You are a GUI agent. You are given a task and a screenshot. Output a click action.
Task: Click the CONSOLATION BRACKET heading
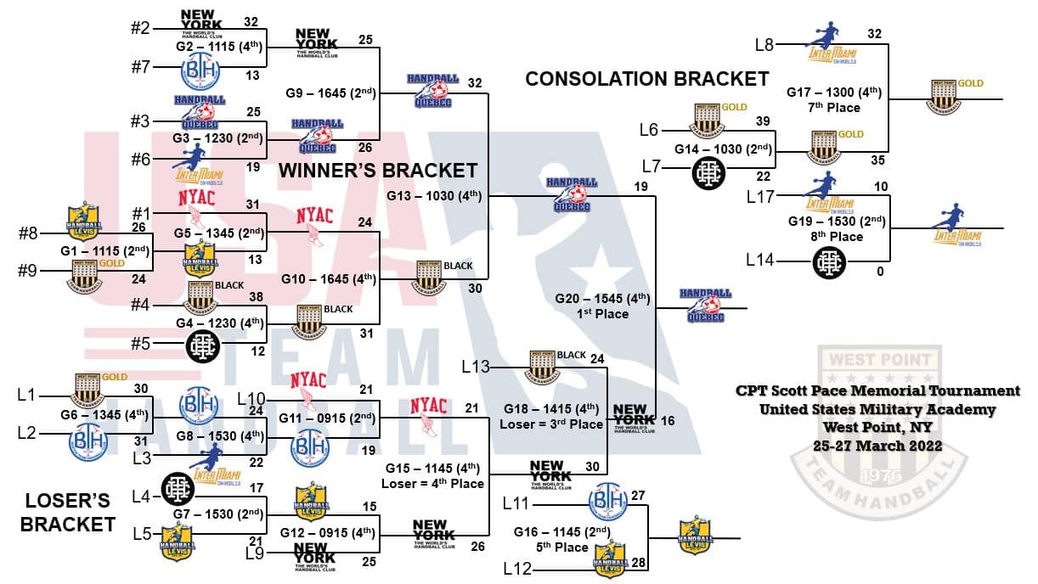coord(646,79)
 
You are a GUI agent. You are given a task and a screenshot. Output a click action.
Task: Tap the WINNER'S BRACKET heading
coord(378,171)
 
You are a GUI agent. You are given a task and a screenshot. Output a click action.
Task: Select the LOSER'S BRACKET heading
coord(68,512)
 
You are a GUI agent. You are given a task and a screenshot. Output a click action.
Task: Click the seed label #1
coord(142,213)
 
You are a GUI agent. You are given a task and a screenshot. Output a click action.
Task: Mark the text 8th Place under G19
coord(837,237)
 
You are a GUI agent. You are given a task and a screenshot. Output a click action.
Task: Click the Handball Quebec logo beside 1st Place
coord(704,306)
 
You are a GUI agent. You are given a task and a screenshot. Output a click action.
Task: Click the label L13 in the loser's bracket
coord(476,367)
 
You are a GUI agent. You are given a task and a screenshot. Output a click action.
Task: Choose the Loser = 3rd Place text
coord(551,424)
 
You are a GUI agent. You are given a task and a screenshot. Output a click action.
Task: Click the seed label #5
coord(142,344)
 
